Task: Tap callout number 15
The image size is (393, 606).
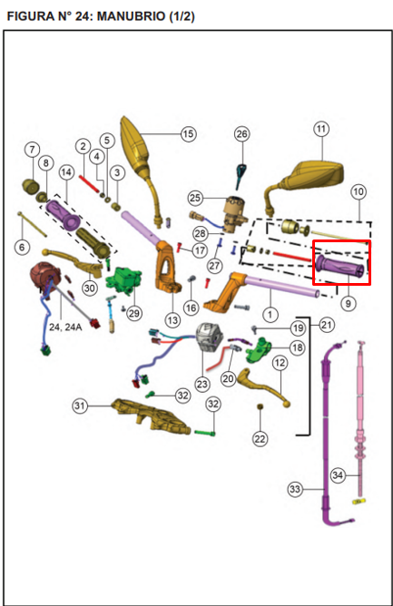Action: (188, 133)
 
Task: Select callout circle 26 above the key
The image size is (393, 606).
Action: (241, 133)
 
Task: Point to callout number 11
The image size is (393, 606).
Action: (321, 129)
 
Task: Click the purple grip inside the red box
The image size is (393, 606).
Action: (340, 265)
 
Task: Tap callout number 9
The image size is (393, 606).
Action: (349, 303)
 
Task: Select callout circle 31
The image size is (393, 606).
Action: (80, 406)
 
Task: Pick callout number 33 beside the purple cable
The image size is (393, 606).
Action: (295, 489)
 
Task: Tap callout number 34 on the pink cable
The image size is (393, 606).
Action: (338, 474)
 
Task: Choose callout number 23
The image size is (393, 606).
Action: (202, 384)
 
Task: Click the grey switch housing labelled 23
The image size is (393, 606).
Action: (209, 337)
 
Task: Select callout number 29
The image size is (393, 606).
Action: (133, 312)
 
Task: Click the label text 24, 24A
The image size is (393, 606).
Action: (65, 327)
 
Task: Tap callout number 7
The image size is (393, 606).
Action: (32, 149)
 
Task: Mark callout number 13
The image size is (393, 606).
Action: (172, 320)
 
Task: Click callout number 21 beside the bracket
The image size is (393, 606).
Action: (327, 325)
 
